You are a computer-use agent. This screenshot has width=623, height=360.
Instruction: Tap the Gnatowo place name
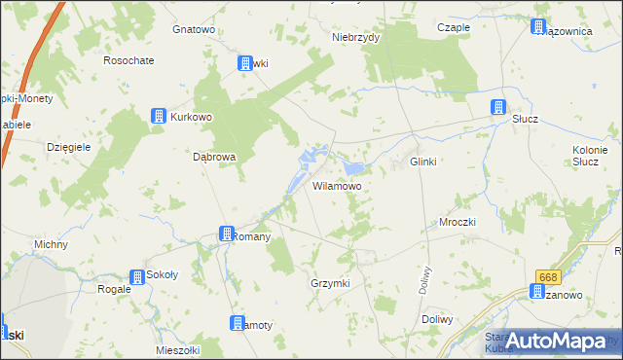pyautogui.click(x=193, y=29)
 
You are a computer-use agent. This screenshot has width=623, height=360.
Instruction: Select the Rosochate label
pyautogui.click(x=128, y=60)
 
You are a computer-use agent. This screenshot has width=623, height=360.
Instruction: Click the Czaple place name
pyautogui.click(x=454, y=28)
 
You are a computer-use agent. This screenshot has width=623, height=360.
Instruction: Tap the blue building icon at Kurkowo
pyautogui.click(x=159, y=117)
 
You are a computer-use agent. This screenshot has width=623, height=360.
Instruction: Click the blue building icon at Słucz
pyautogui.click(x=498, y=107)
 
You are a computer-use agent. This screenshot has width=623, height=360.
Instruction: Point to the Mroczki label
pyautogui.click(x=456, y=222)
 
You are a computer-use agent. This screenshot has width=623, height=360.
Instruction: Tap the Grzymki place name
pyautogui.click(x=329, y=282)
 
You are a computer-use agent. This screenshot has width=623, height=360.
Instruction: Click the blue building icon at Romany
pyautogui.click(x=226, y=234)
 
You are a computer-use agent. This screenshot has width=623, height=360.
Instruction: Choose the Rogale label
pyautogui.click(x=115, y=289)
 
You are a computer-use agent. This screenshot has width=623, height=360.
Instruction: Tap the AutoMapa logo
pyautogui.click(x=556, y=341)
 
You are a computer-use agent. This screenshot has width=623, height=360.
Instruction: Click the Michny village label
pyautogui.click(x=51, y=244)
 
